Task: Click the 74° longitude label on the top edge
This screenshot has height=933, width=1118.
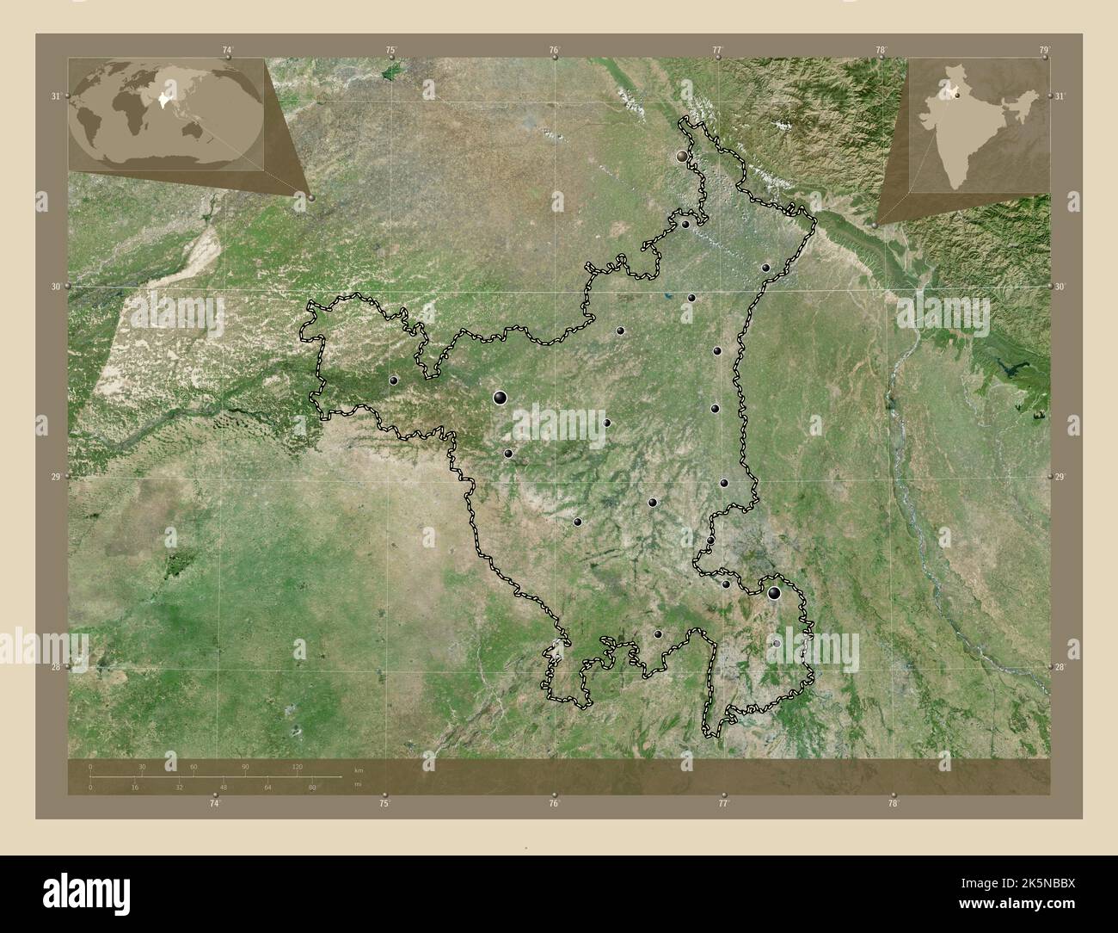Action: (x=227, y=51)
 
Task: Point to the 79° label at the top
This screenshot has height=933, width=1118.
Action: (x=1044, y=51)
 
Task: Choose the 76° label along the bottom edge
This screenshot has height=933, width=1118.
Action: (x=555, y=804)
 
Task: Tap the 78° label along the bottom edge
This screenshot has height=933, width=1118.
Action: (x=894, y=804)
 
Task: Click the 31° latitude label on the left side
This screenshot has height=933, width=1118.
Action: (x=55, y=96)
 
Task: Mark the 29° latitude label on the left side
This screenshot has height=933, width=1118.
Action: (x=55, y=478)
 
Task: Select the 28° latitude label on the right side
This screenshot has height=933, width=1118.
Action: (x=1061, y=667)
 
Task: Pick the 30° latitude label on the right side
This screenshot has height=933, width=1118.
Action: (x=1061, y=287)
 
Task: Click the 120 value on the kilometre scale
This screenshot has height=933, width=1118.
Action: (x=298, y=766)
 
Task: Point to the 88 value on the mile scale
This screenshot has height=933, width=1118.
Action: (x=312, y=787)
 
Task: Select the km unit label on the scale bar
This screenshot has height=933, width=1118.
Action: (x=359, y=769)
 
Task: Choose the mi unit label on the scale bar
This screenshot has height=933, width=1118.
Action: (x=358, y=784)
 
